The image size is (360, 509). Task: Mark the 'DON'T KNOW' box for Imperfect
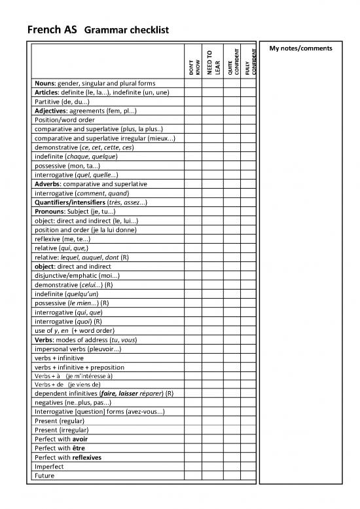(x=193, y=466)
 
